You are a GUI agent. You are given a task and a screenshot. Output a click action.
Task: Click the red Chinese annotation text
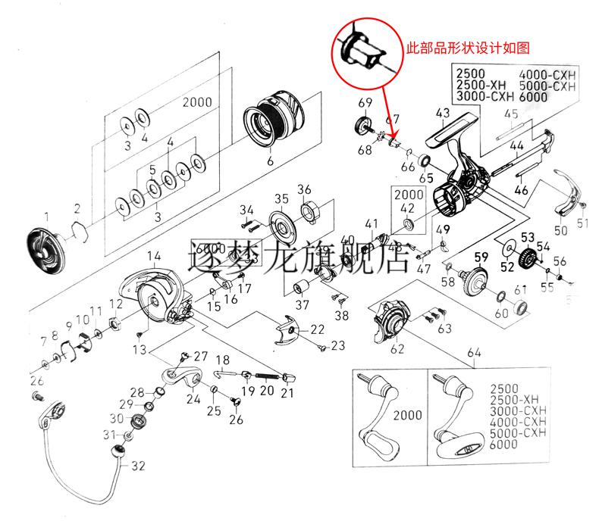pos(468,47)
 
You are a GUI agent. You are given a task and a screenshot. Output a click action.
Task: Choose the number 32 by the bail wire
pos(137,466)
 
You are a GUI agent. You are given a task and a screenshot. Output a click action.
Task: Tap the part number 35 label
pos(281,199)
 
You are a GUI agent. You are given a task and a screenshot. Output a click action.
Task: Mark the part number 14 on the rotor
pos(154,255)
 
